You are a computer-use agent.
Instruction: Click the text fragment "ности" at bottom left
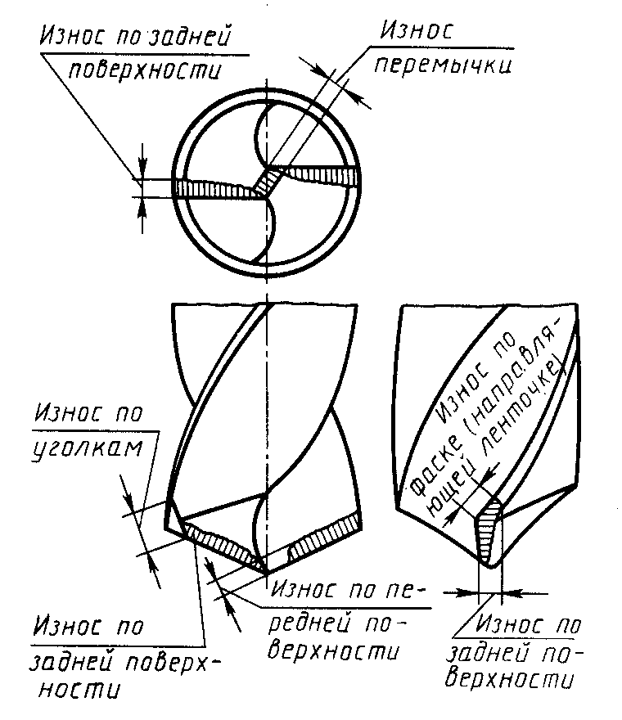[x=79, y=690]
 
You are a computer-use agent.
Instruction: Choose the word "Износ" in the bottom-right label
[x=508, y=625]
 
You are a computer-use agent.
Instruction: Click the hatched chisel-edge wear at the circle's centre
[x=265, y=182]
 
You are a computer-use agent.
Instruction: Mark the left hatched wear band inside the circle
[x=214, y=189]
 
